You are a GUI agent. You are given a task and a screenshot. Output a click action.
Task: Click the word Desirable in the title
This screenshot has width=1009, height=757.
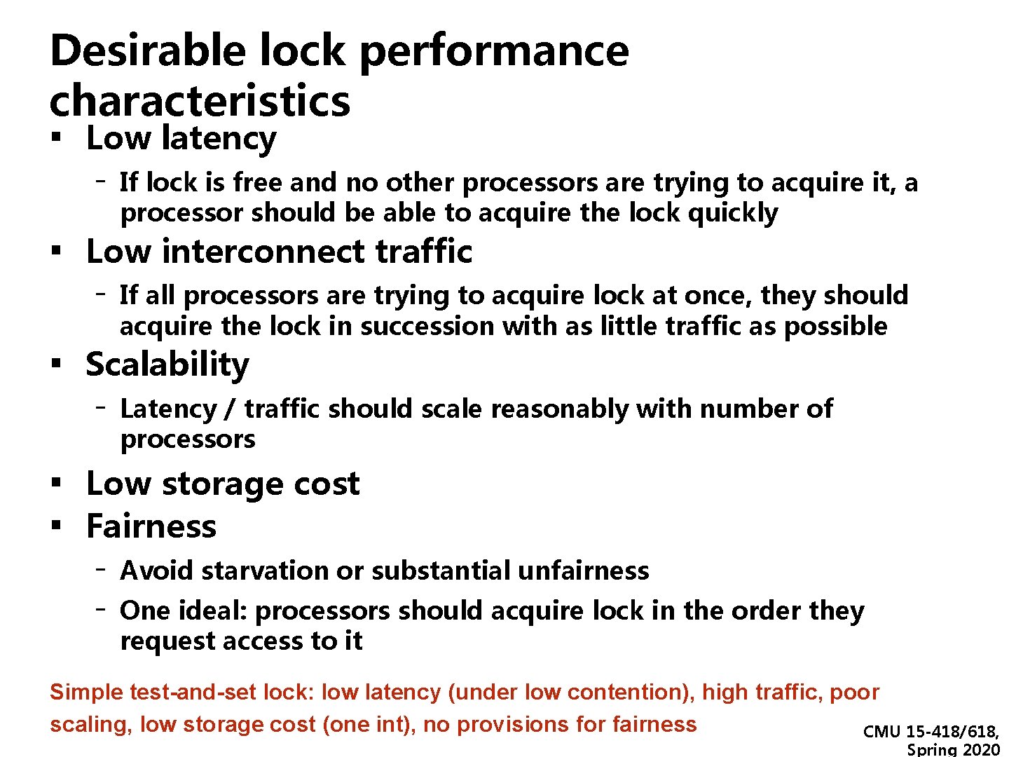(x=148, y=50)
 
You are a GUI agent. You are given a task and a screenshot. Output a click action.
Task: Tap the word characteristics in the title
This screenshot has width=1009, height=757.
(x=200, y=101)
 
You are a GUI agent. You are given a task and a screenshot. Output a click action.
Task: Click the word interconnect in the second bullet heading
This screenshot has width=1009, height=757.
(x=263, y=252)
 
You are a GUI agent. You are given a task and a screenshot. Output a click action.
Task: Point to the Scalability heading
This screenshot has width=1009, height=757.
(x=167, y=365)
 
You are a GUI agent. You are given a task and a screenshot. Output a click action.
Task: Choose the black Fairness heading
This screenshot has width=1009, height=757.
(x=151, y=526)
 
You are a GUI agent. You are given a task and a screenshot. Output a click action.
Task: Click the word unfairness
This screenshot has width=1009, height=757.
(x=583, y=571)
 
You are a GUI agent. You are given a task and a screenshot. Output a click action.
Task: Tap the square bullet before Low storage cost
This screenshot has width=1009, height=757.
(x=55, y=483)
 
